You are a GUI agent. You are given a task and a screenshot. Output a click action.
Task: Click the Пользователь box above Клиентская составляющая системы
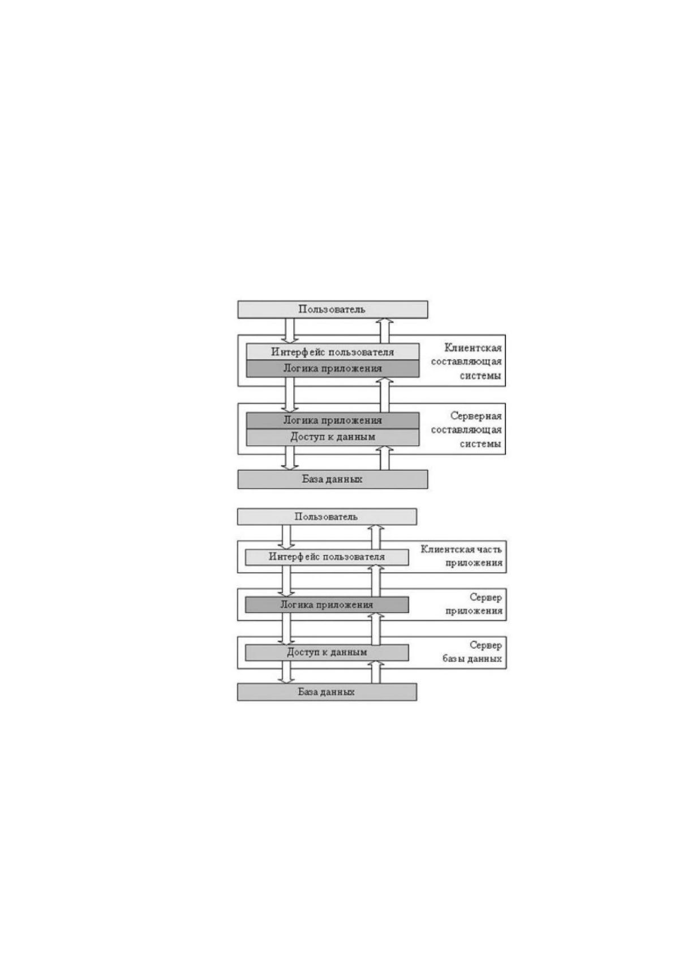click(x=332, y=310)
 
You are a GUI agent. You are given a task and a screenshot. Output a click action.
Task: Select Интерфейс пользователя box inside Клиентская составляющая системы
click(x=333, y=352)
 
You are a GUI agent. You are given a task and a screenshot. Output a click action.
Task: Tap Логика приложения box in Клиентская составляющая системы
click(x=333, y=368)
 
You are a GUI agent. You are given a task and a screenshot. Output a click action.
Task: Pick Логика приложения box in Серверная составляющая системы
click(x=333, y=420)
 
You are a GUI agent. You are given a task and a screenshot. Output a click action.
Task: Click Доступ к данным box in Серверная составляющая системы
click(x=333, y=437)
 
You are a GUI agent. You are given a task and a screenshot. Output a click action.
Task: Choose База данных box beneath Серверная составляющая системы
click(x=332, y=479)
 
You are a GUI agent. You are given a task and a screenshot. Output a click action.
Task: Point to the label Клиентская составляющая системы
click(x=466, y=362)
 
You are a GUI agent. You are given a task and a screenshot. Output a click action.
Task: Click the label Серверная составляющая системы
click(x=466, y=430)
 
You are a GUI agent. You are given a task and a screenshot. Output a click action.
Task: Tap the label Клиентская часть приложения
click(x=462, y=556)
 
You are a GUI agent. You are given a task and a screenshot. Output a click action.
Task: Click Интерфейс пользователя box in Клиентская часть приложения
click(x=327, y=557)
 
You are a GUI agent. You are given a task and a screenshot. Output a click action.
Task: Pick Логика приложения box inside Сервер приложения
click(x=327, y=604)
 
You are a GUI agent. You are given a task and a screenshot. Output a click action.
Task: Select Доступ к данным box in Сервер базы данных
click(x=327, y=652)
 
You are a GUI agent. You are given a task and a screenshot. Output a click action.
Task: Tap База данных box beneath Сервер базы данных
click(x=327, y=692)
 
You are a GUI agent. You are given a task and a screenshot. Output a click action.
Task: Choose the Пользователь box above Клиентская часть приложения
click(x=327, y=517)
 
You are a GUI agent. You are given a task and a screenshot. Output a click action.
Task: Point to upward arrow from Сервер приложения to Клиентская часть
click(x=376, y=581)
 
